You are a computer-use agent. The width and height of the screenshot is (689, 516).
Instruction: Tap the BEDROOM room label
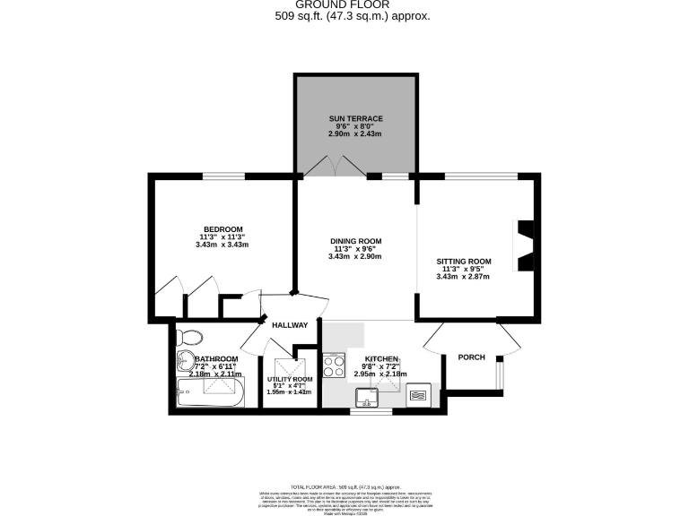point(223,228)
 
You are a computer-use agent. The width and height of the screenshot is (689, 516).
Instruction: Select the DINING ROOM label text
point(355,241)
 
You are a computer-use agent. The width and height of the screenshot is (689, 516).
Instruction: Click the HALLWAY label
point(291,325)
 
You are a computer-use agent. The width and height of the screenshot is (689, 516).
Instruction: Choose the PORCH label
point(471,357)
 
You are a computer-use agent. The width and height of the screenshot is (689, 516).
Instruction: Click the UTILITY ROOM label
point(289,379)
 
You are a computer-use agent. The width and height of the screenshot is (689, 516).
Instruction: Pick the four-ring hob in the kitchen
point(335,366)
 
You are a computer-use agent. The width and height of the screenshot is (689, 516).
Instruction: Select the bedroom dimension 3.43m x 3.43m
point(223,245)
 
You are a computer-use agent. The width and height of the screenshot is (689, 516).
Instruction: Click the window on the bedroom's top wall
point(223,176)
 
